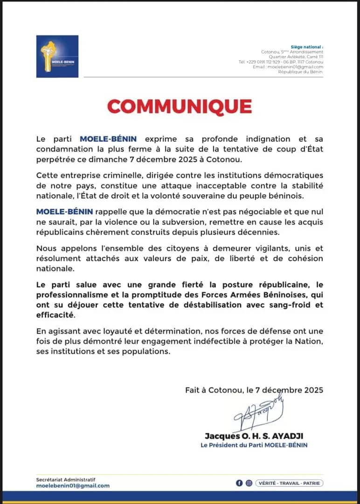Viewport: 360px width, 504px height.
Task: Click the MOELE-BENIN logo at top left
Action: point(57,56)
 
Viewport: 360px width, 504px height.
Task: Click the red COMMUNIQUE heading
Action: point(180,106)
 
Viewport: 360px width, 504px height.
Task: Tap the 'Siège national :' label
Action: point(306,47)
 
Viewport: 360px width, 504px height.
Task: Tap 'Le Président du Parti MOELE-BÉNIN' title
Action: point(254,445)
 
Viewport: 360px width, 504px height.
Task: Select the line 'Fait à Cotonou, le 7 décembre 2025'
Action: point(254,389)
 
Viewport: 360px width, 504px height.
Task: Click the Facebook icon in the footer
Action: point(239,483)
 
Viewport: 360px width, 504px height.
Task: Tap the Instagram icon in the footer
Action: point(249,483)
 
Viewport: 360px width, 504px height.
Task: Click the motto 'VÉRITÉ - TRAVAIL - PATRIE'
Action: point(289,483)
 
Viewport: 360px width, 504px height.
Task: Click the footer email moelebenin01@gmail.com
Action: point(73,486)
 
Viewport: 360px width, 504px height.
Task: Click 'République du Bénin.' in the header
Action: point(301,71)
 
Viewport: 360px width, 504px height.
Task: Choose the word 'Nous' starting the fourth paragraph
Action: point(47,249)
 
